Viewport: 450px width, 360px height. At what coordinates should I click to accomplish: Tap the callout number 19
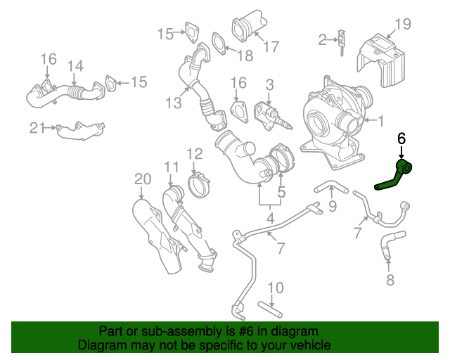(401, 25)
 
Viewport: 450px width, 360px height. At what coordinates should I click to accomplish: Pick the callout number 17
(271, 47)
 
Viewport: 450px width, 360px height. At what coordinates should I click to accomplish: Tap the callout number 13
(174, 103)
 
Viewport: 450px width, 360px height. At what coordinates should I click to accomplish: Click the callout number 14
(75, 67)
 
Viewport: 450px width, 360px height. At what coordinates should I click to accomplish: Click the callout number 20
(143, 179)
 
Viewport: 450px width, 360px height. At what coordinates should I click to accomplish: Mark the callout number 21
(37, 127)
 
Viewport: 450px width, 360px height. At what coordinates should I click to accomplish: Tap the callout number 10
(276, 288)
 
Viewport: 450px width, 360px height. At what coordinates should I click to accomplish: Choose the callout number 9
(333, 206)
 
